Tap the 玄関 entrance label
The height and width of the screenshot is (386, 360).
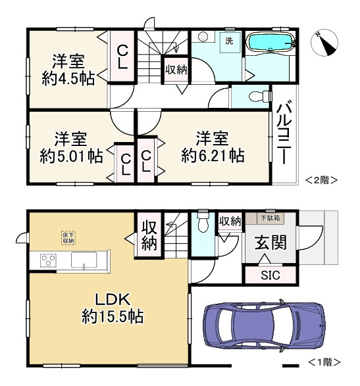(270, 243)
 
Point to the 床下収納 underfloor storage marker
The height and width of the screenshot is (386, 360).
(68, 237)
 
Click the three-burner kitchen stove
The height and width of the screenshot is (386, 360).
(49, 260)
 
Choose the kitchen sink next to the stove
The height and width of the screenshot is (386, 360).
(84, 260)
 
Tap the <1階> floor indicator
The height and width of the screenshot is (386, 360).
(324, 362)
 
